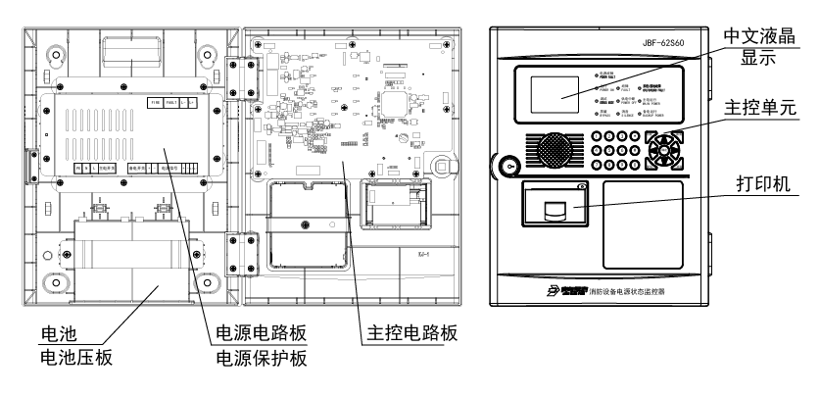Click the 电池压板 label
(74, 358)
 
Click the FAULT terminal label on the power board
(171, 102)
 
